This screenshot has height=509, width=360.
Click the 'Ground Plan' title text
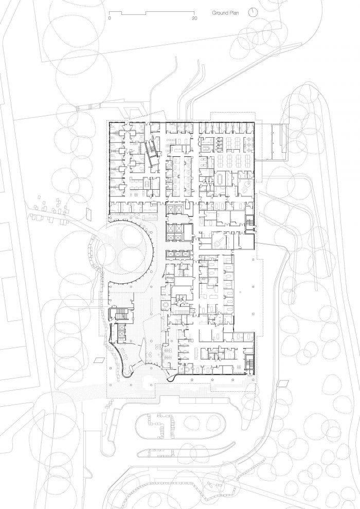click(x=225, y=13)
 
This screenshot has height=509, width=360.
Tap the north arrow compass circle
click(x=253, y=13)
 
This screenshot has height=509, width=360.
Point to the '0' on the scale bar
click(x=110, y=19)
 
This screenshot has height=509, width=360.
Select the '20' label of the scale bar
click(x=194, y=19)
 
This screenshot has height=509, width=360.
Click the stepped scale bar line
click(x=152, y=13)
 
